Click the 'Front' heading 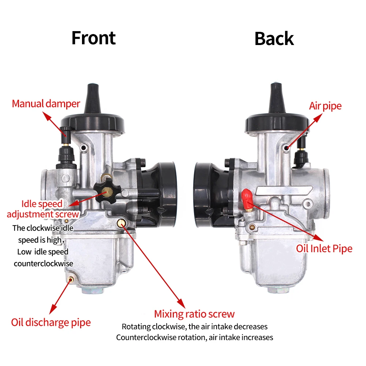tap(93, 38)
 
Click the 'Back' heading tap(274, 38)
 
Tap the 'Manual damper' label tap(46, 104)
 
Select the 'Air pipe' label tap(325, 106)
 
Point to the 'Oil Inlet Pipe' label tap(324, 249)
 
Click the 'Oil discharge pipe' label tap(51, 322)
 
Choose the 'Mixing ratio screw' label tap(194, 314)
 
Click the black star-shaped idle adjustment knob tap(105, 191)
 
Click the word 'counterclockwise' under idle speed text tap(43, 264)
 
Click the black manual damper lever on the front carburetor tap(66, 132)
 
